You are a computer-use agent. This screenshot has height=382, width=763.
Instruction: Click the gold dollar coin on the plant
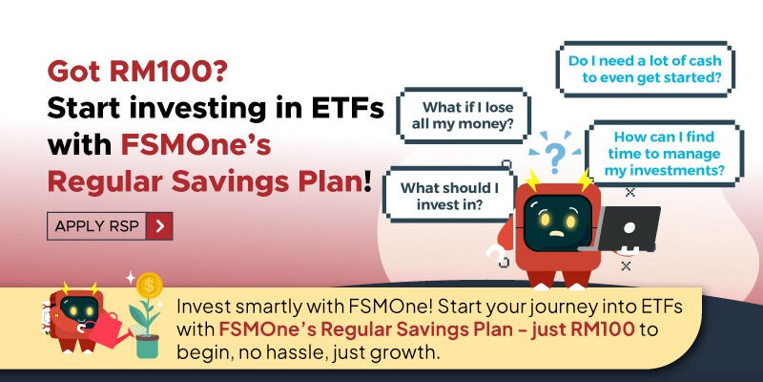point(149,285)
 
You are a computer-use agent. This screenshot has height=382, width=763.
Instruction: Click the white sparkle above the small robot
point(130,278)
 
